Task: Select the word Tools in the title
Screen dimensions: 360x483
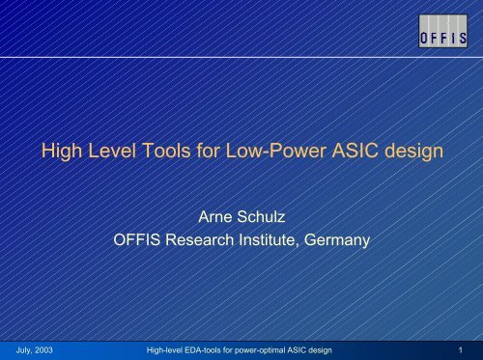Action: coord(167,150)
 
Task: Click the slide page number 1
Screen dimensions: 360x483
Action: coord(463,347)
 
